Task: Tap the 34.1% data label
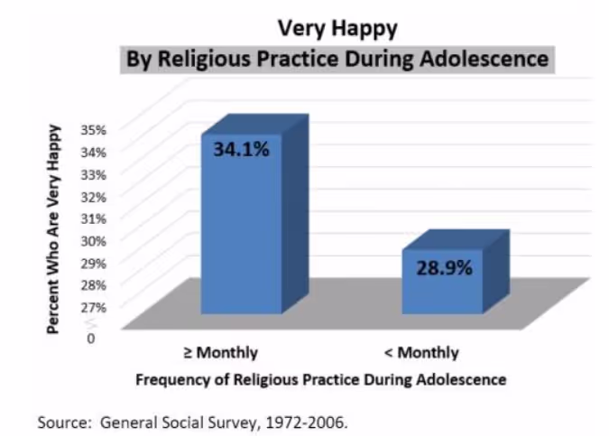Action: coord(241,149)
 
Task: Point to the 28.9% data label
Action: coord(444,268)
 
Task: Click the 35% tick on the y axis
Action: coord(94,129)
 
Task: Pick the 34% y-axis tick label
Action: coord(94,151)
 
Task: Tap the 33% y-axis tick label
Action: coord(94,173)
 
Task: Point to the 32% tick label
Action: coord(94,195)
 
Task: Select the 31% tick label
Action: coord(94,218)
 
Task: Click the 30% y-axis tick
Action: coord(94,239)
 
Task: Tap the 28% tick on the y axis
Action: coord(94,283)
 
